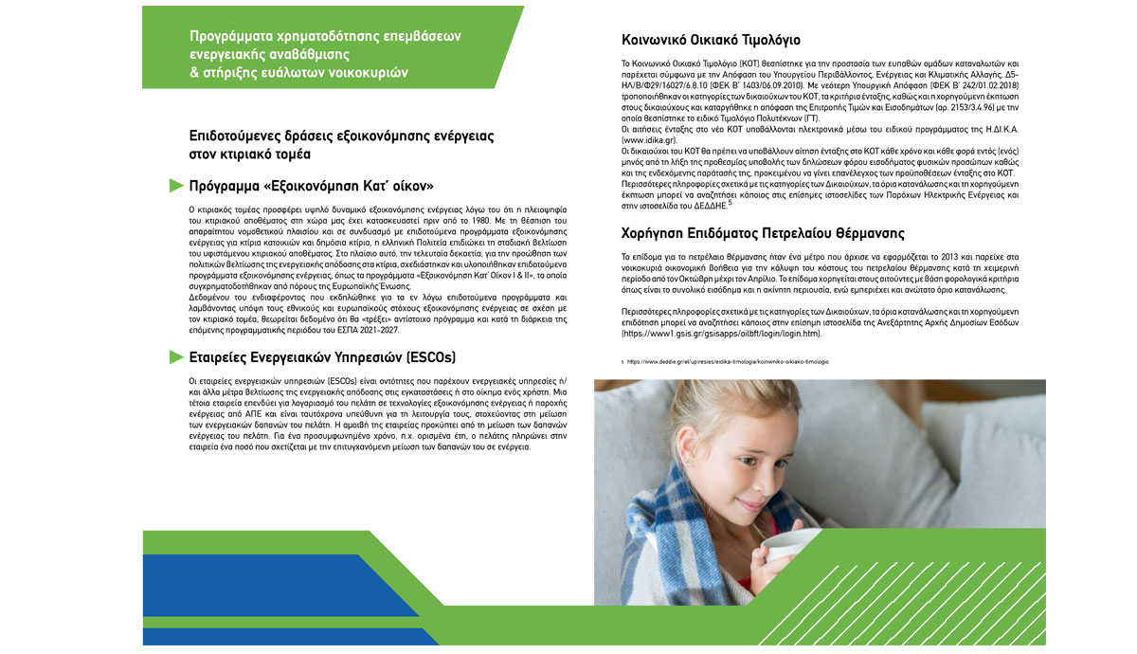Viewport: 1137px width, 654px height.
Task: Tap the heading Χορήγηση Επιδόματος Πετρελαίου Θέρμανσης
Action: click(763, 233)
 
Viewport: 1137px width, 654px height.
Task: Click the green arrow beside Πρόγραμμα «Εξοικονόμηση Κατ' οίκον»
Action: click(175, 184)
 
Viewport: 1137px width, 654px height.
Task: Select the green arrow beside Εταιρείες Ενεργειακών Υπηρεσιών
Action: click(175, 356)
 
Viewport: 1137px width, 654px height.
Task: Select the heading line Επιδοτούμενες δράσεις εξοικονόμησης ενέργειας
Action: click(341, 136)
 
